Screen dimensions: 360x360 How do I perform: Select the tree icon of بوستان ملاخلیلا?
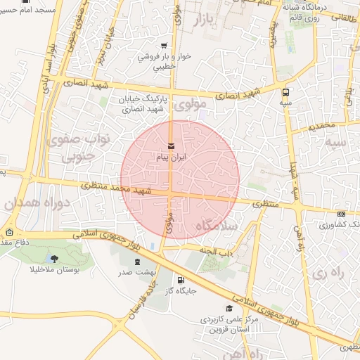coord(55,259)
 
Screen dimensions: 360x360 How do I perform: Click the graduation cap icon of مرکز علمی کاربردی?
coord(229,308)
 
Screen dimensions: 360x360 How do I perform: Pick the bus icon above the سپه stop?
coord(285,92)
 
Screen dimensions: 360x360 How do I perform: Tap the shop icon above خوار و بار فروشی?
coord(164,46)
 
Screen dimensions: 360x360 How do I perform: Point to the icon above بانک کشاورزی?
coord(341,214)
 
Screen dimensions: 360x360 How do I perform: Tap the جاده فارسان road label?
coord(140,303)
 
